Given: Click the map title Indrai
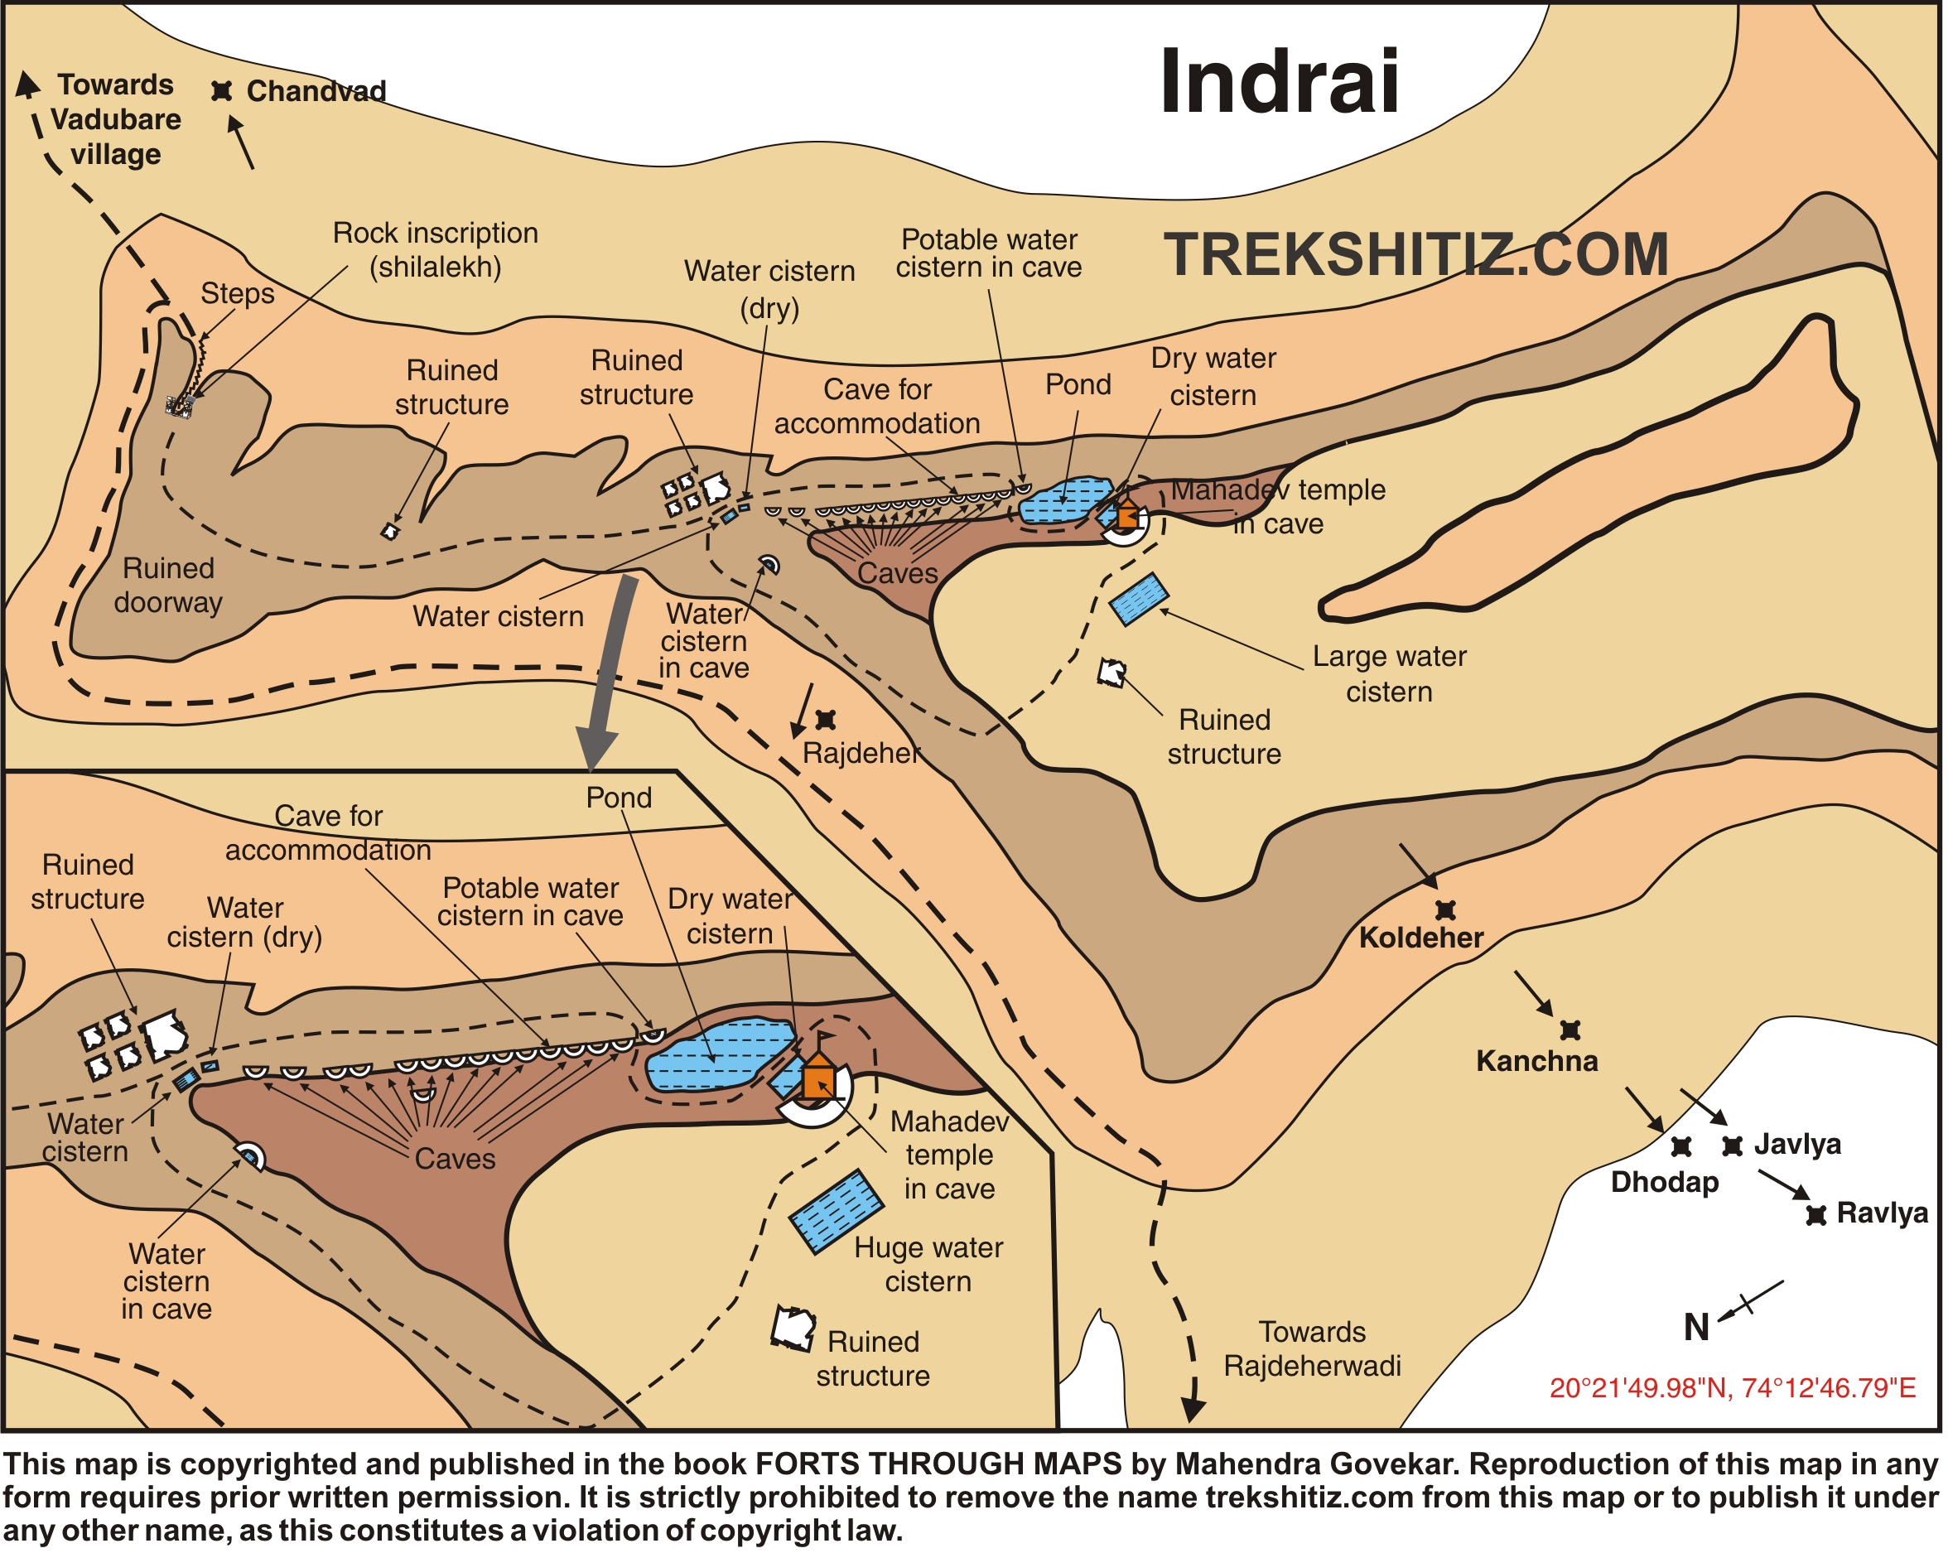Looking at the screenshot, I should click(x=1280, y=83).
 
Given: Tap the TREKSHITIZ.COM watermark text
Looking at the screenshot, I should click(x=1415, y=255).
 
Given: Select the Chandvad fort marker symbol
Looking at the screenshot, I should click(x=222, y=91).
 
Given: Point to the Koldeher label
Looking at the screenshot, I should click(x=1420, y=938).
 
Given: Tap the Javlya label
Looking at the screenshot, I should click(x=1797, y=1145).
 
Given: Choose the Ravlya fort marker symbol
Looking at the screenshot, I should click(x=1815, y=1215).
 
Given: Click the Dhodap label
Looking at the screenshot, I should click(x=1664, y=1183).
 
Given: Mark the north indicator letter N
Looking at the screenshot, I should click(x=1696, y=1328).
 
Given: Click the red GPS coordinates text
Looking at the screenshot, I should click(x=1732, y=1387).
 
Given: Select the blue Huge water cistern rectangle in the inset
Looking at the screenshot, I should click(x=836, y=1212).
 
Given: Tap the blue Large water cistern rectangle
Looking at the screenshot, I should click(x=1139, y=599).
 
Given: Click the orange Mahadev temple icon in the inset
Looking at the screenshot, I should click(x=817, y=1079).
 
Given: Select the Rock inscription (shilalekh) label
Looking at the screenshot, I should click(x=436, y=250).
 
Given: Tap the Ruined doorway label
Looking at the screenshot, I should click(x=168, y=586).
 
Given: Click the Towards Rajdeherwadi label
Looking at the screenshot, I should click(x=1312, y=1348).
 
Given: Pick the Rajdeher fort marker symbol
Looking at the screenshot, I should click(x=826, y=720).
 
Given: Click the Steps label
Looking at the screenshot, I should click(x=238, y=293).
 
